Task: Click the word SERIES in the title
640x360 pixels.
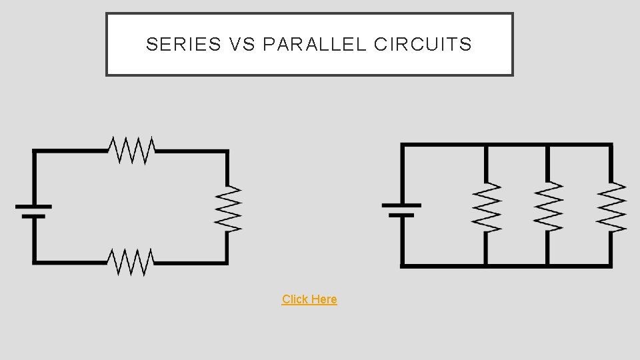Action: [183, 45]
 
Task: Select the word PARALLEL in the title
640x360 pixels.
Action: [315, 45]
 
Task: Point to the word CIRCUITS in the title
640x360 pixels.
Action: [423, 45]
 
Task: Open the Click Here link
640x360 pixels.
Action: [309, 299]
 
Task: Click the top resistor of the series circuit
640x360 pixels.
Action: [133, 150]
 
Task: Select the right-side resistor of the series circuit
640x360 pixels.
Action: [227, 209]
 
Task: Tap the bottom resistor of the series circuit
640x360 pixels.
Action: [132, 262]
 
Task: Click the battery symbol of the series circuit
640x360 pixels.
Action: [34, 211]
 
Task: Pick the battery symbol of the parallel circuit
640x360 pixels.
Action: [401, 210]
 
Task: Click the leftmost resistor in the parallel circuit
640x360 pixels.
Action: [487, 207]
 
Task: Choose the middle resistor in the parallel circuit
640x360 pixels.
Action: [548, 207]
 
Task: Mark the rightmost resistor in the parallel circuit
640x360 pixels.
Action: [611, 207]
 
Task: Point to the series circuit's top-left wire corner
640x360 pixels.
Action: [35, 152]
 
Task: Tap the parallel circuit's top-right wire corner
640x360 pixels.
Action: [611, 145]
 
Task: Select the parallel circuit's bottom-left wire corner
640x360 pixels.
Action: [402, 265]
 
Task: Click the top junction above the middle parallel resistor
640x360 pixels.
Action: [548, 145]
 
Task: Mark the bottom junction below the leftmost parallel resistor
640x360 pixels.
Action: [487, 265]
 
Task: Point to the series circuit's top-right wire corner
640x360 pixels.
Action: [227, 152]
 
